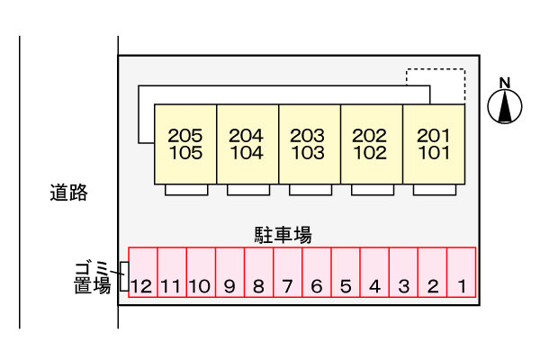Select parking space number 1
click(x=461, y=274)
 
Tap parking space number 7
click(x=288, y=274)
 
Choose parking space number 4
click(x=374, y=274)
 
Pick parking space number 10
click(x=201, y=274)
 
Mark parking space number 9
click(x=229, y=274)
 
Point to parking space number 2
click(x=432, y=274)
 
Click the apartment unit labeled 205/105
click(x=185, y=144)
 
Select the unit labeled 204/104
click(x=247, y=144)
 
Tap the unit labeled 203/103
click(x=308, y=144)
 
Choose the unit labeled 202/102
click(x=370, y=144)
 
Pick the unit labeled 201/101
click(x=433, y=144)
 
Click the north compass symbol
click(x=505, y=103)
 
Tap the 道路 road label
click(x=68, y=192)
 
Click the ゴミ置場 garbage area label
click(x=92, y=276)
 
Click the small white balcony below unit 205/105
click(x=186, y=190)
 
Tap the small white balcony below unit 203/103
click(x=310, y=190)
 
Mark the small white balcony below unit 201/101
click(x=433, y=190)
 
